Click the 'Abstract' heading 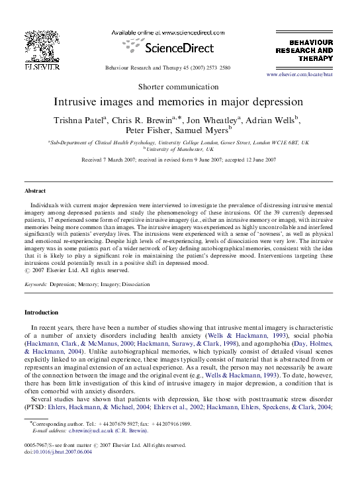(x=36, y=191)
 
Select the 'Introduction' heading (x=42, y=312)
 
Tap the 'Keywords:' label (x=36, y=284)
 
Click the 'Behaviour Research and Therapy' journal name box (x=304, y=50)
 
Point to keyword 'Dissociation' (x=132, y=284)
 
